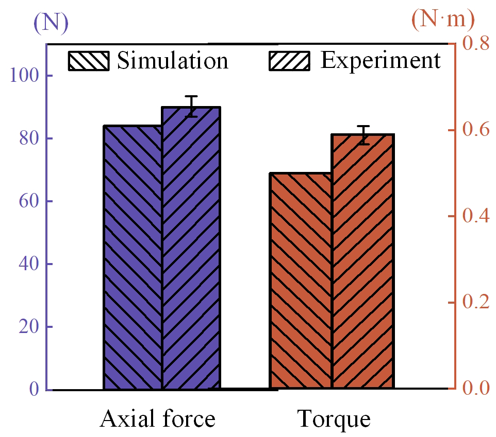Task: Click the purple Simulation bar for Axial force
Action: click(133, 257)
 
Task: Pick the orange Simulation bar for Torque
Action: click(301, 281)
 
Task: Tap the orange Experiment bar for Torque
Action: click(362, 261)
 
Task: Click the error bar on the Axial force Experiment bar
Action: click(192, 107)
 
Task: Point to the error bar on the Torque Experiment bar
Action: click(364, 135)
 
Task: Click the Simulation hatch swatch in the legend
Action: click(89, 61)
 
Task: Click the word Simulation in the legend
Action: click(172, 61)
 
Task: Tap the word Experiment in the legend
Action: click(381, 60)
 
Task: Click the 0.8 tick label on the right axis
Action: click(474, 44)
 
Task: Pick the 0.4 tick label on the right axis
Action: click(474, 216)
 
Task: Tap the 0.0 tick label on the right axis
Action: click(474, 388)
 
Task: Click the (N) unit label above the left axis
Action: click(51, 22)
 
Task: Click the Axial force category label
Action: click(157, 419)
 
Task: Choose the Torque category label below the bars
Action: click(334, 419)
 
